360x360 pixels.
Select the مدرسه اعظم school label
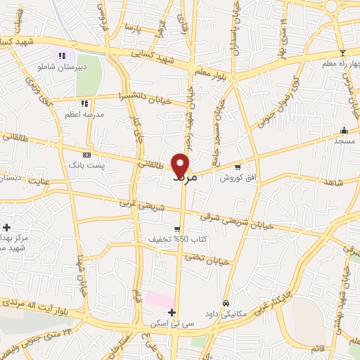tap(84, 114)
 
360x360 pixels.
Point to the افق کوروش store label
tap(236, 178)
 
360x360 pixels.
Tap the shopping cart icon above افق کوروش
tap(238, 167)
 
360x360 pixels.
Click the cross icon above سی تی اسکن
tap(172, 312)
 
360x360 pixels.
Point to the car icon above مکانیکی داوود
tap(225, 303)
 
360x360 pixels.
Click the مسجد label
tap(343, 141)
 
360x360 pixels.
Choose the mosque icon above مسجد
tap(343, 130)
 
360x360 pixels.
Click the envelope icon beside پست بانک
tap(86, 154)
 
